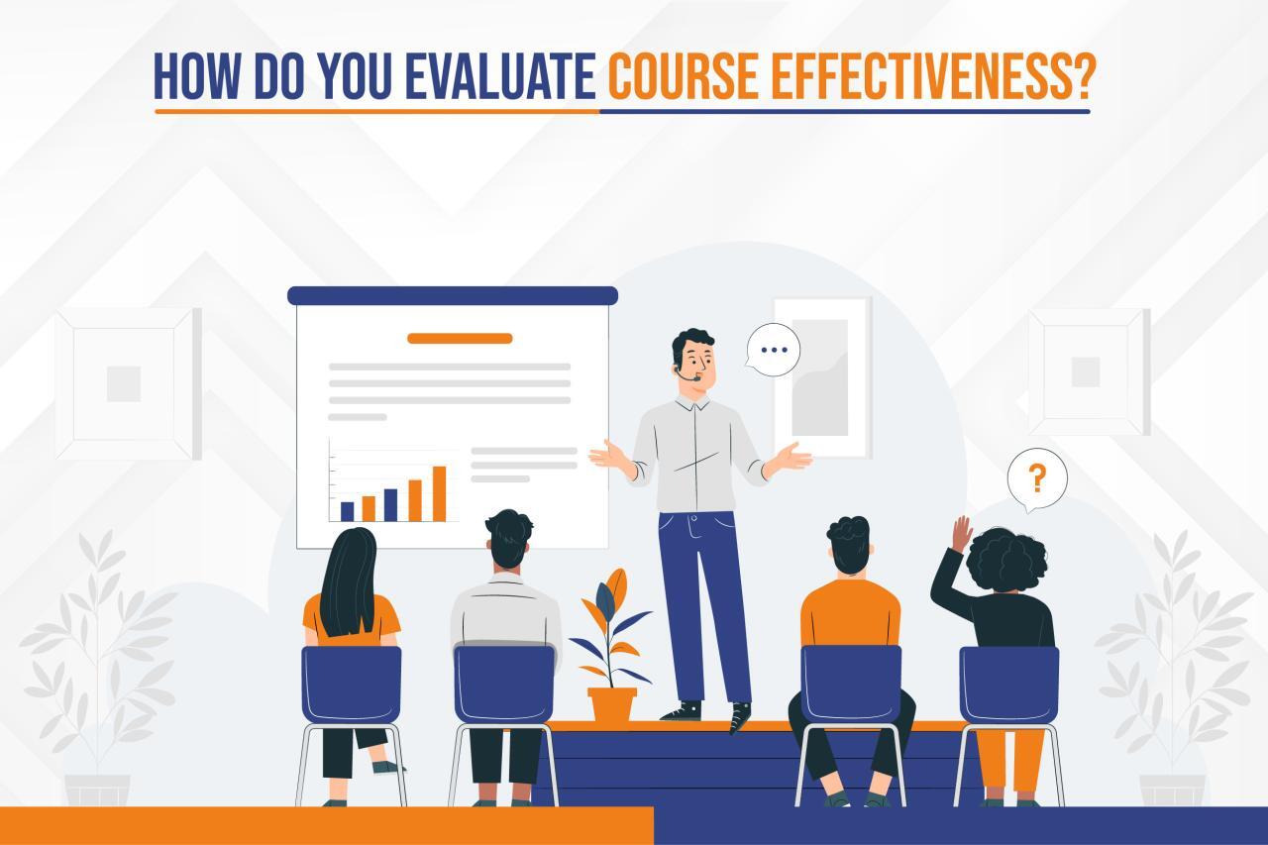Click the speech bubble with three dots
pos(772,350)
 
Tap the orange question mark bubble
pos(1036,479)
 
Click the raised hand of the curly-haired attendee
pos(960,532)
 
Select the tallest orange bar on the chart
pos(439,492)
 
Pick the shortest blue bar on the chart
pos(347,510)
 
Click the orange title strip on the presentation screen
pos(460,338)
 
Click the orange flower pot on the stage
pos(611,703)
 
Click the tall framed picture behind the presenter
pos(821,376)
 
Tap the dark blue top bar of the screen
pos(452,295)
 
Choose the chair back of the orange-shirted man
pos(850,684)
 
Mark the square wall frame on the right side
pos(1088,371)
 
